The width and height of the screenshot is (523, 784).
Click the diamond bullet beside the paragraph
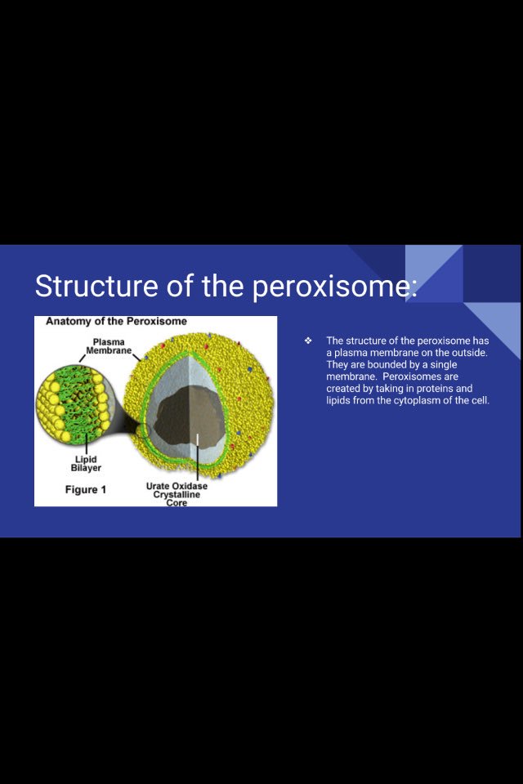[x=308, y=341]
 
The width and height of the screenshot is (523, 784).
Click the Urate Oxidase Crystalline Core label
[x=177, y=494]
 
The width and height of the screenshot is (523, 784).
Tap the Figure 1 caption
[x=86, y=490]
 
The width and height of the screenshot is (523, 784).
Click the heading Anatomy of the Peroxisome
[x=115, y=322]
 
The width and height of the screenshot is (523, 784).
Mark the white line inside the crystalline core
[x=197, y=441]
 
